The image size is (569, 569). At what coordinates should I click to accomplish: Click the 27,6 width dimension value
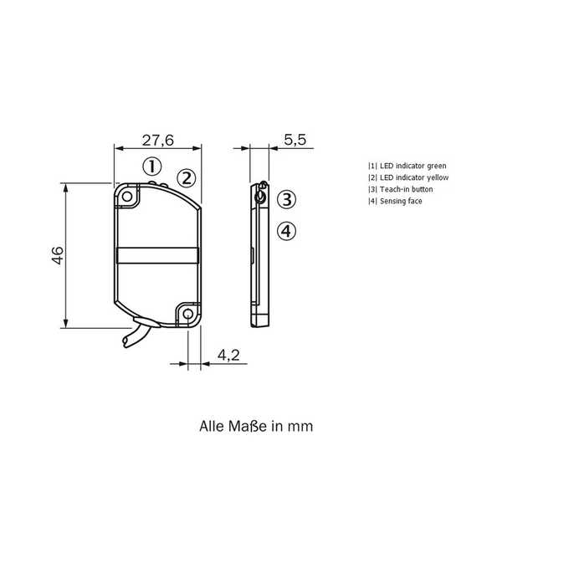(158, 140)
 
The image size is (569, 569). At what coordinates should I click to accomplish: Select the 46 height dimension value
(58, 255)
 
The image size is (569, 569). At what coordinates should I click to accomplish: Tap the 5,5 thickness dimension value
(295, 140)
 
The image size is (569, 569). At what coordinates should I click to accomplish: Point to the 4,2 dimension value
(228, 355)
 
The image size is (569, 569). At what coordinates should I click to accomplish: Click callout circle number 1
(152, 167)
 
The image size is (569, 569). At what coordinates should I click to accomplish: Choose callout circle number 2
(187, 178)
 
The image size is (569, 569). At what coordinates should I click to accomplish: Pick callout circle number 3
(287, 199)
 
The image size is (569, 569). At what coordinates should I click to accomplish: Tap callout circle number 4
(287, 231)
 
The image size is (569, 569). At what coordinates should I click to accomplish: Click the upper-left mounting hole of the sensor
(127, 197)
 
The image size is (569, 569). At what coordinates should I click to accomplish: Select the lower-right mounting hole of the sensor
(187, 314)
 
